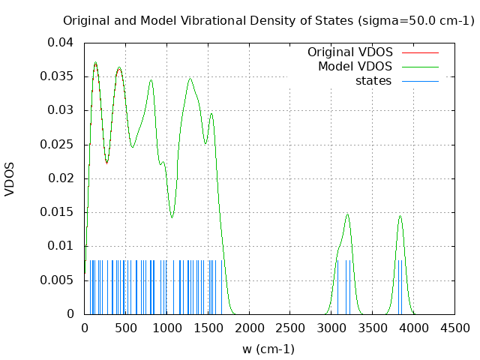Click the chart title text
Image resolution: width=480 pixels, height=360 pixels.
click(268, 20)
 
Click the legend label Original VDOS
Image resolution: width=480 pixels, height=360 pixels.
click(349, 52)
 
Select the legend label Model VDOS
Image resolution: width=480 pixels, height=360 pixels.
click(355, 67)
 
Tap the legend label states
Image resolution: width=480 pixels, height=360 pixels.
click(373, 80)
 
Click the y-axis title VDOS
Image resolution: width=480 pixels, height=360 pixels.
click(10, 178)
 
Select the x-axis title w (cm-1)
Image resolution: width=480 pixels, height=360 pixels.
click(268, 349)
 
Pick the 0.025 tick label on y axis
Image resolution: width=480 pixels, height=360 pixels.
click(60, 144)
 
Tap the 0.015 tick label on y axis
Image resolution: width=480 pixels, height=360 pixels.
click(60, 212)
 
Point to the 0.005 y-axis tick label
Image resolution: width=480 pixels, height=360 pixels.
click(60, 280)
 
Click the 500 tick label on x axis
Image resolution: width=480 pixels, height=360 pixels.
click(125, 328)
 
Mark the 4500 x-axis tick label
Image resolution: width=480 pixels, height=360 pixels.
click(454, 328)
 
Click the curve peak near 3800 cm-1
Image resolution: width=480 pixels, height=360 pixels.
click(400, 216)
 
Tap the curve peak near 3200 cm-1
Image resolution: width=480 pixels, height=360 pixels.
click(347, 214)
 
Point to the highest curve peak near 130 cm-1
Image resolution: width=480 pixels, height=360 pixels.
click(95, 62)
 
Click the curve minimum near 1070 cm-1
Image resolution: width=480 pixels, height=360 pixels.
click(172, 217)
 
